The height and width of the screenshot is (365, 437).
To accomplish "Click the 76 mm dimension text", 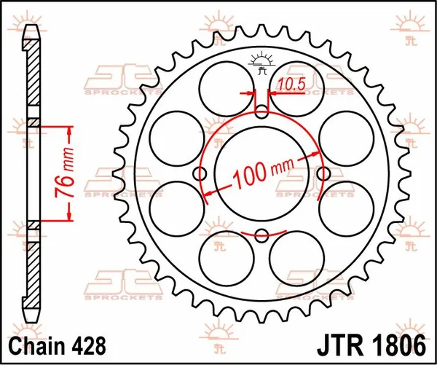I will click(x=63, y=172).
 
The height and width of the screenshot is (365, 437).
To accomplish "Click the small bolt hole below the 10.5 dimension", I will click(x=262, y=111).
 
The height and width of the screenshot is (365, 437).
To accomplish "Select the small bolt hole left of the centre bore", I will click(x=200, y=174).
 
